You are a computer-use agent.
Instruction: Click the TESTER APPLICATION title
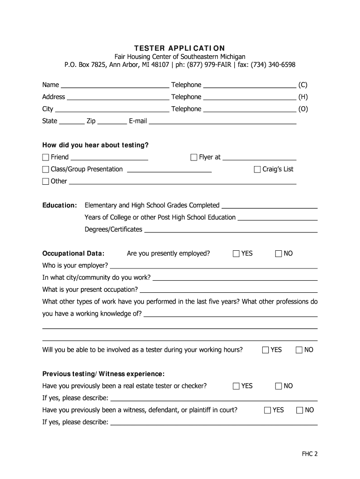coord(180,48)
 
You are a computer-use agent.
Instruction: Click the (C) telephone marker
coord(303,85)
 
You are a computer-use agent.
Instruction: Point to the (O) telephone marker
coord(303,109)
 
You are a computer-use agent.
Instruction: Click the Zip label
coord(91,121)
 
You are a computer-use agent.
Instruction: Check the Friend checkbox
coord(46,157)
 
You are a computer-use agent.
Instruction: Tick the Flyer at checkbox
coord(194,157)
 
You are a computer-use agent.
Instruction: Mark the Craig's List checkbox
coord(257,169)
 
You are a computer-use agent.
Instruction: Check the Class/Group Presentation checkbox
coord(46,169)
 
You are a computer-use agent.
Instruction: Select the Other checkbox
coord(46,181)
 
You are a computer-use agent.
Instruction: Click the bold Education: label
coord(60,205)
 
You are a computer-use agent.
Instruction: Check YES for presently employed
coord(237,254)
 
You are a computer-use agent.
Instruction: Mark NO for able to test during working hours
coord(299,350)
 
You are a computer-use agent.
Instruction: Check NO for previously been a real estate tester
coord(279,386)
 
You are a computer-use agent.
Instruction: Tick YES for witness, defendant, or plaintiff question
coord(268,410)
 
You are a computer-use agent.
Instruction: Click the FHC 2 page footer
coord(310,454)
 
